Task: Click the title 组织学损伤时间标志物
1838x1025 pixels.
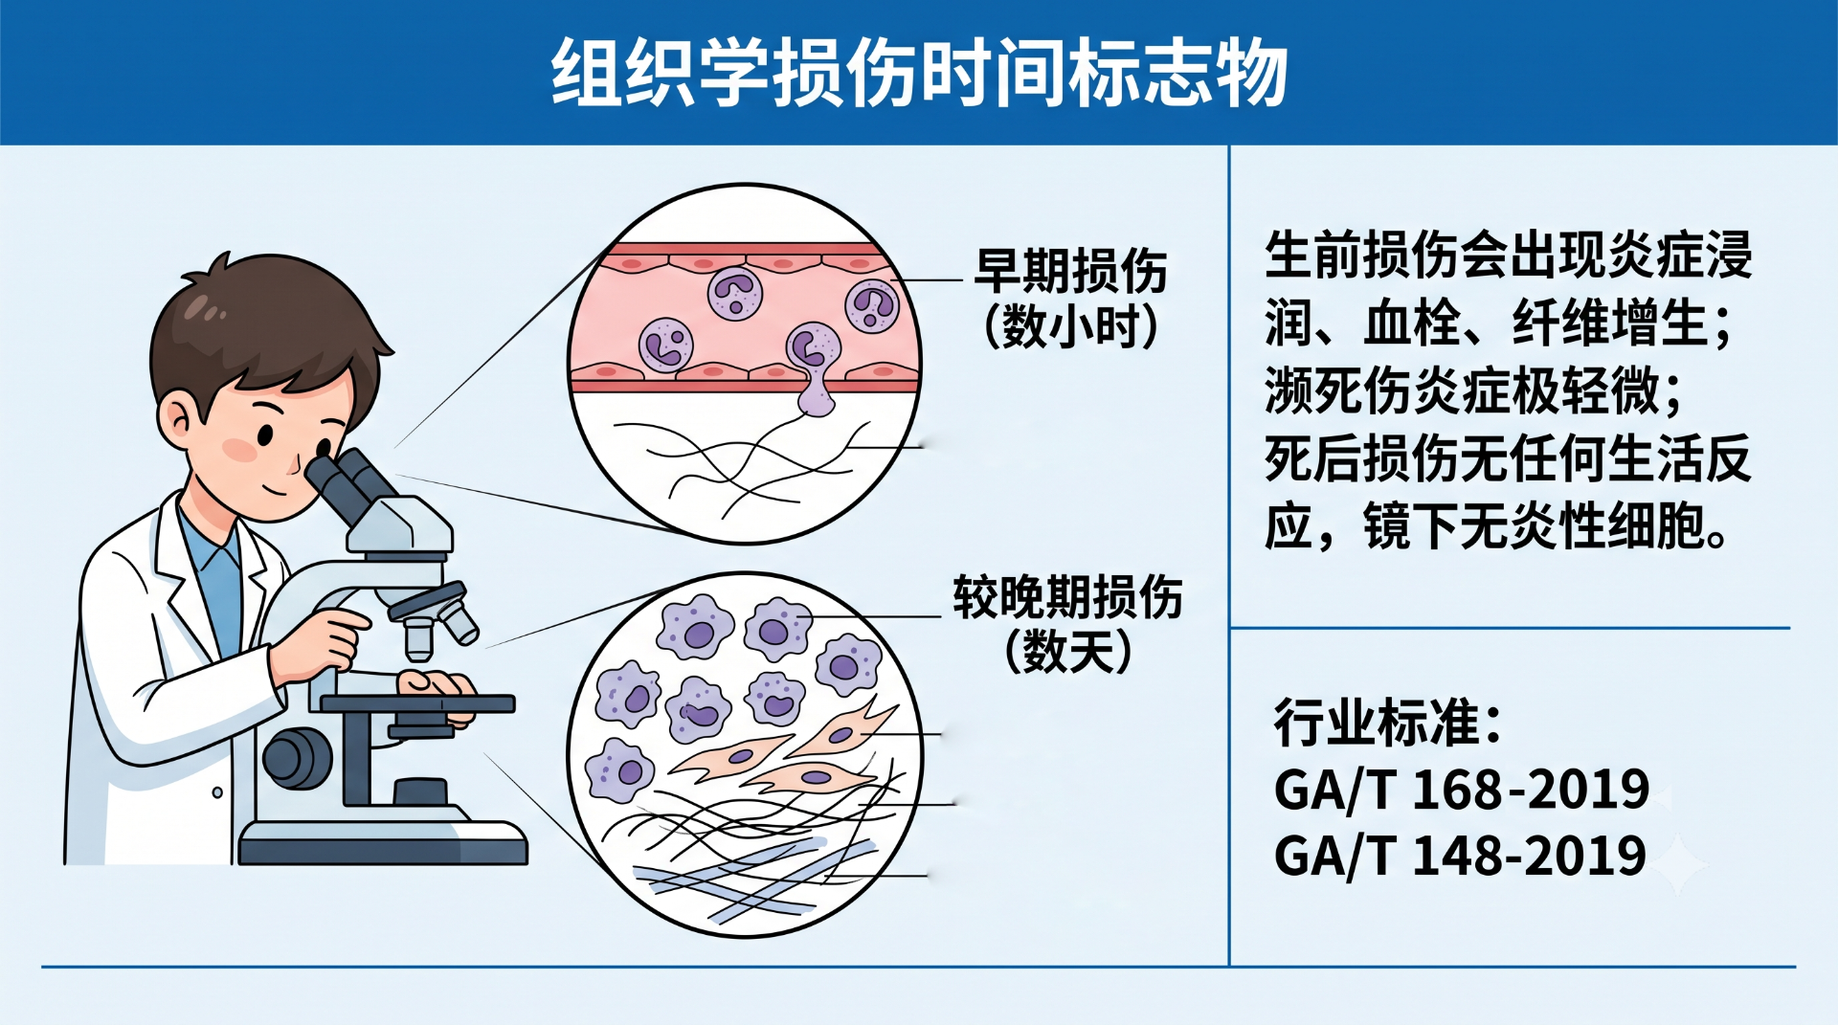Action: click(919, 73)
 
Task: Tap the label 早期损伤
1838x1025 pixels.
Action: click(1071, 271)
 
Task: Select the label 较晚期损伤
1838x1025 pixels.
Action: click(1067, 597)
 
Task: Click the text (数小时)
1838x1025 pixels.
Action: click(1071, 326)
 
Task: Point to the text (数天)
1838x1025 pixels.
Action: click(1068, 652)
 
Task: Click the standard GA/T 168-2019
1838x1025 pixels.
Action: click(1461, 791)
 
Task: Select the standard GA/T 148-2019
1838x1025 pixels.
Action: click(1460, 856)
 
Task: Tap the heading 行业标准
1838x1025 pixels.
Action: click(1387, 723)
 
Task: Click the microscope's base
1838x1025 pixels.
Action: click(383, 842)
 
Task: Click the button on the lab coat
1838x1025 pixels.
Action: click(217, 792)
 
